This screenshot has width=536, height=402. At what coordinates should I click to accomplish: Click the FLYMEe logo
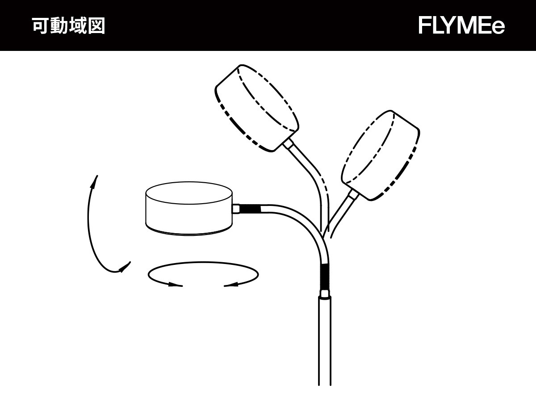461,25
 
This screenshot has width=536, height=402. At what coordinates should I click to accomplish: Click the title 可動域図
69,25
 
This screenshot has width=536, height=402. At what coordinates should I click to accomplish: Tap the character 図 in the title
96,25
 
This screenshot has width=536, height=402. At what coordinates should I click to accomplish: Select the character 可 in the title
41,25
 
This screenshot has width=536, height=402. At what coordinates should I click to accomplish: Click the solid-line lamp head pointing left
189,209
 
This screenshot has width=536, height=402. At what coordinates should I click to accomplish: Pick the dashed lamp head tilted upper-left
257,108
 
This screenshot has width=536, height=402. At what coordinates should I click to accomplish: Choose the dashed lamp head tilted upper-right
380,155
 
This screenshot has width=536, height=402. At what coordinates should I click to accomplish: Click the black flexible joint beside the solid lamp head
250,209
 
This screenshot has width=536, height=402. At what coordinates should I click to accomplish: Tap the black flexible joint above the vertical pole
325,276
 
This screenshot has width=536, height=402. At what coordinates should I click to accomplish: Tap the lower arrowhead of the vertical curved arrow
125,267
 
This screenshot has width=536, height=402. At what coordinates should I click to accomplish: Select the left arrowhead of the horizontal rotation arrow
176,285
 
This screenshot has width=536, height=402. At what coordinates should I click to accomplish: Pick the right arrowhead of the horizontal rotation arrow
231,285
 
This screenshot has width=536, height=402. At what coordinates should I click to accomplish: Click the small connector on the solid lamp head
236,209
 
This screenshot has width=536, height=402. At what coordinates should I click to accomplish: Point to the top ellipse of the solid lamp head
189,193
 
